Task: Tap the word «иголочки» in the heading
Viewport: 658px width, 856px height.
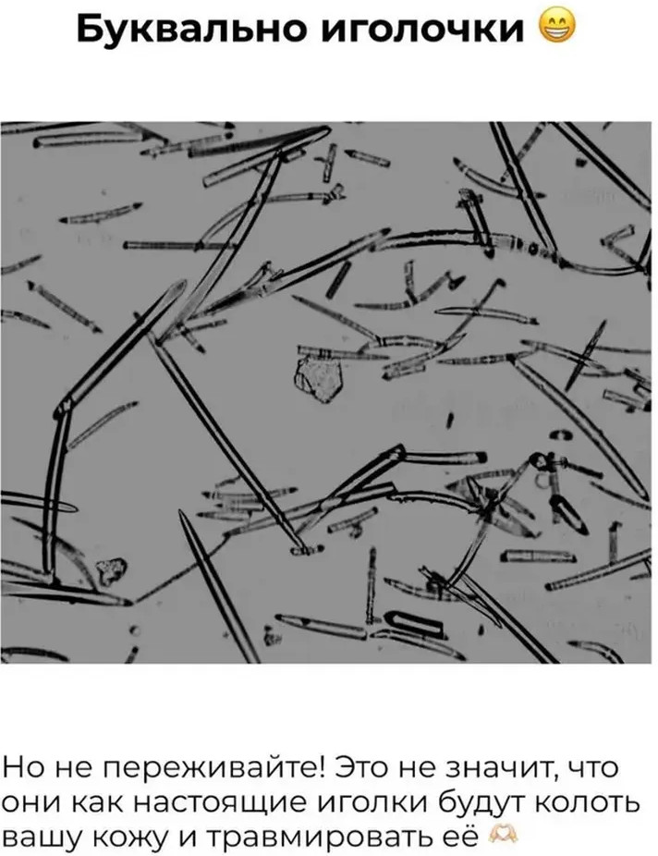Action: (x=421, y=31)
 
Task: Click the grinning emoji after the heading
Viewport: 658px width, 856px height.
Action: (x=556, y=27)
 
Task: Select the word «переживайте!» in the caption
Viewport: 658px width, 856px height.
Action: (x=215, y=769)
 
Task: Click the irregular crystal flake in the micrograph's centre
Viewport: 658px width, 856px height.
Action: (x=318, y=377)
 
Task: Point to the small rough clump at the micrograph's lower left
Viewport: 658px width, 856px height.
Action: (x=111, y=570)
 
